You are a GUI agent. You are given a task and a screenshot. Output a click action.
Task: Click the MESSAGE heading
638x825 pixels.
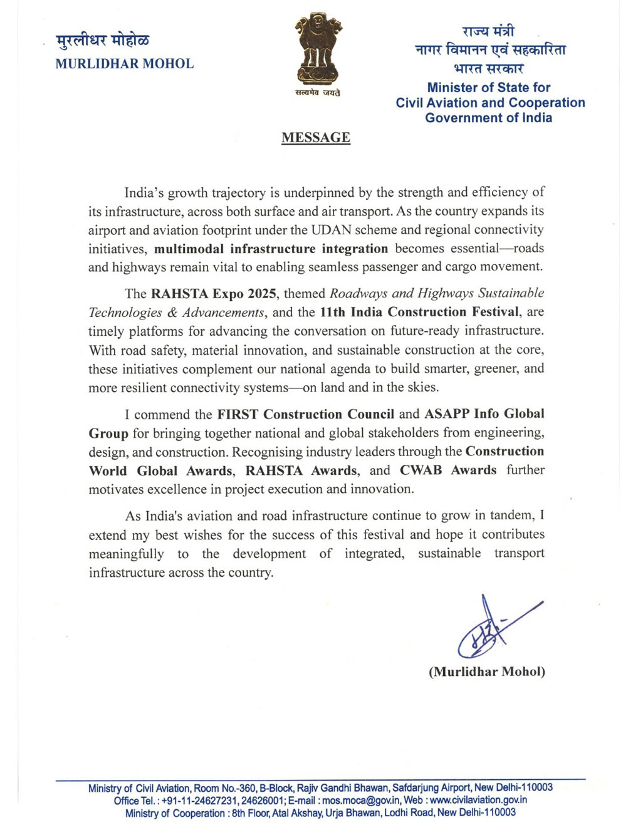click(x=315, y=138)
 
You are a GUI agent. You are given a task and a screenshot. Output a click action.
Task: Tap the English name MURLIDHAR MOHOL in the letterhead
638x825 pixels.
click(x=125, y=63)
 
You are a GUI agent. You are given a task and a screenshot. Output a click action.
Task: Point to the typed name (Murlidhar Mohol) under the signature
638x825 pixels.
click(x=486, y=672)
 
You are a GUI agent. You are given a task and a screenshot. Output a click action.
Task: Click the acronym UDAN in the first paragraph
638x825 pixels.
click(x=332, y=230)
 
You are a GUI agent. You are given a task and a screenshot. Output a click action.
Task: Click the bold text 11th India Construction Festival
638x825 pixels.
click(x=419, y=312)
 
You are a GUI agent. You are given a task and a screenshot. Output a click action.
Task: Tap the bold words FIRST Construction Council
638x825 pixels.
click(x=306, y=414)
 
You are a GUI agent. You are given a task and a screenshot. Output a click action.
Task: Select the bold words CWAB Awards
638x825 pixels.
click(x=448, y=470)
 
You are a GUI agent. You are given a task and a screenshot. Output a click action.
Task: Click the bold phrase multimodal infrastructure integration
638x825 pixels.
click(x=271, y=249)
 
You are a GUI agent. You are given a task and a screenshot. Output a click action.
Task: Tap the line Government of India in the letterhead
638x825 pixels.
click(x=488, y=118)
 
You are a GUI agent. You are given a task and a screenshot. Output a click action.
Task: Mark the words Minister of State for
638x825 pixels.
click(x=489, y=88)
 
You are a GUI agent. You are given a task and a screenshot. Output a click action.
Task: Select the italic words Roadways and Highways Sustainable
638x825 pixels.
click(x=437, y=293)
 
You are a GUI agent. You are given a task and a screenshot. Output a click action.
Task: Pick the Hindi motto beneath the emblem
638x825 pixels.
click(x=318, y=93)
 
